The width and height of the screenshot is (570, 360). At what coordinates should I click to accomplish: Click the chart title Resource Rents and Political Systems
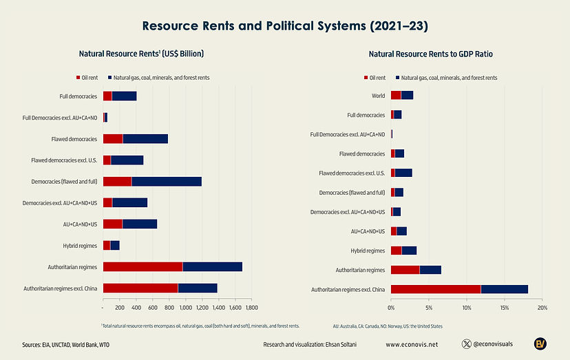tap(284, 26)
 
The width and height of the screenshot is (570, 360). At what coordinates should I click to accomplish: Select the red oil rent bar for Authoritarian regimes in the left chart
tap(142, 266)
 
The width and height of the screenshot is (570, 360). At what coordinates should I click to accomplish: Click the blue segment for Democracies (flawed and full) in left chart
tap(167, 181)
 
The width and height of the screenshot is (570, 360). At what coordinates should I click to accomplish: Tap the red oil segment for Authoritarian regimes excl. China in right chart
tap(436, 289)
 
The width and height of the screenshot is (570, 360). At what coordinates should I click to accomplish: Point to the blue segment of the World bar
tap(407, 95)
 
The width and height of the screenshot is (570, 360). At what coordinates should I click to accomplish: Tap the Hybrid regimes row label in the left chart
tap(79, 245)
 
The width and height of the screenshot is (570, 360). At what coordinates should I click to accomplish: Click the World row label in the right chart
tap(377, 96)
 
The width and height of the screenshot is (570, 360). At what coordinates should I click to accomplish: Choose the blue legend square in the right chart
tap(397, 78)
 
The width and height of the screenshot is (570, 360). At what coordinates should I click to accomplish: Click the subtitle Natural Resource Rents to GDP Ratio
tap(430, 54)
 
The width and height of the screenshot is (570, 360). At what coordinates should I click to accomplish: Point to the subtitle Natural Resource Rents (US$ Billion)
tap(141, 54)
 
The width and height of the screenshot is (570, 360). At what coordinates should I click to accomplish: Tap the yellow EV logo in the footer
tap(542, 343)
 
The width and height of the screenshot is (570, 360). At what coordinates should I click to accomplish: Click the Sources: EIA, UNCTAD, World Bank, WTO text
tap(56, 343)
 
